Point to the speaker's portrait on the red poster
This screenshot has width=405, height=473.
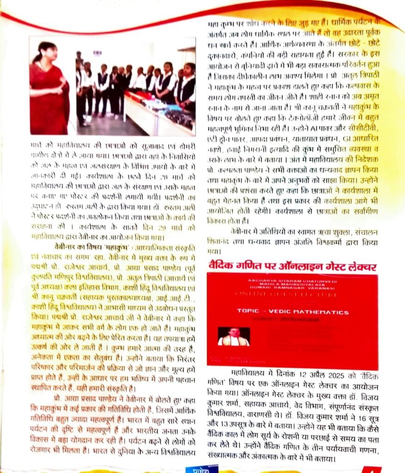(233, 337)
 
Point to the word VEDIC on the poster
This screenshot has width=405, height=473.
(283, 312)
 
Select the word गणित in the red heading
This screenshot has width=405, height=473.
(248, 267)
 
